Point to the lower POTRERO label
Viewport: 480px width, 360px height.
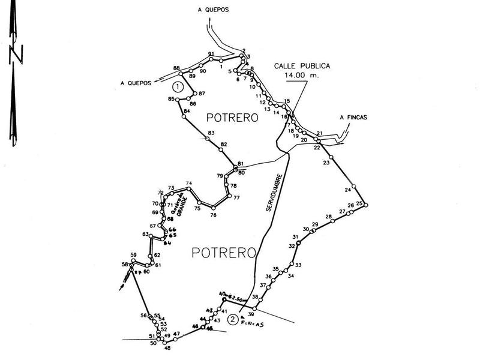click(224, 252)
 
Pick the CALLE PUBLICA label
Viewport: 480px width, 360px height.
click(302, 66)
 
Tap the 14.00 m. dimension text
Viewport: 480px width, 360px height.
click(302, 76)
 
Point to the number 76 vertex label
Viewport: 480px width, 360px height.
click(212, 215)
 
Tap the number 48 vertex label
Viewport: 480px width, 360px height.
click(167, 348)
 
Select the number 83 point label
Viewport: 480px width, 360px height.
click(211, 133)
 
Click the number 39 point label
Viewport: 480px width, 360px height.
click(251, 314)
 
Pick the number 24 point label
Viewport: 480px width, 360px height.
click(348, 190)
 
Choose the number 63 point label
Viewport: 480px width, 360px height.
click(145, 234)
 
